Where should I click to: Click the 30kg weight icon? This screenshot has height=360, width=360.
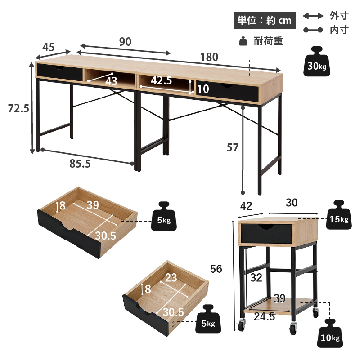coord(317,62)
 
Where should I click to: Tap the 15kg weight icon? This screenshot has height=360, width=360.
coord(338,215)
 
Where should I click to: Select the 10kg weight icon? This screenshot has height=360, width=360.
coord(330,333)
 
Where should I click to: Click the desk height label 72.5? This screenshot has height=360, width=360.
coord(18,108)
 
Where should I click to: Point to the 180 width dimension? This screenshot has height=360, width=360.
coord(209,57)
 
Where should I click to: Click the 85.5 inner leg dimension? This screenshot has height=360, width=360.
coord(80,164)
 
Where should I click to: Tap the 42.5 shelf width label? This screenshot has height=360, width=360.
coord(162,80)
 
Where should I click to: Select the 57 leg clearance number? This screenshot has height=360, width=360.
coord(233,147)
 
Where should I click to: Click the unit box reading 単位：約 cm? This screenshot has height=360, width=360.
coord(265,21)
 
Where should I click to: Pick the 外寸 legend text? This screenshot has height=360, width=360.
coord(339,16)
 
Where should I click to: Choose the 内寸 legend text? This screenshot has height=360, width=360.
coord(339,30)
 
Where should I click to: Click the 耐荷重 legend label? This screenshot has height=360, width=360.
coord(268,41)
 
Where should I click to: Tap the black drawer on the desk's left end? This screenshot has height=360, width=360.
coord(59,72)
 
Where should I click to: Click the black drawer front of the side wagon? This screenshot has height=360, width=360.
coord(266,233)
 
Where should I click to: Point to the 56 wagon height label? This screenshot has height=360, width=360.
coord(216,269)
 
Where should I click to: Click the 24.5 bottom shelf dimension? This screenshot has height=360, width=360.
coord(264,317)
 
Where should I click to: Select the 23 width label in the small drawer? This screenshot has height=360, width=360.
coord(171,278)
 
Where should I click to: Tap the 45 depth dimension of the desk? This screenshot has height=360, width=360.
coord(49,47)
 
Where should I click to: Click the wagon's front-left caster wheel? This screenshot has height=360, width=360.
coord(241,326)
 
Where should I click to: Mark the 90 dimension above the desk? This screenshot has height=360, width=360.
coord(125,41)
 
